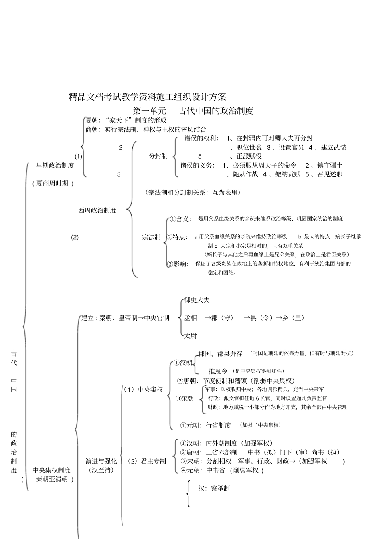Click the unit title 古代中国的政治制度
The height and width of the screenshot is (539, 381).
216,111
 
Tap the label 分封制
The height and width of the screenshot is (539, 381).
158,156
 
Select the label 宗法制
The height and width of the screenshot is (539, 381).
151,237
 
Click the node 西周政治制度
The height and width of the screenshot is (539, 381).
97,210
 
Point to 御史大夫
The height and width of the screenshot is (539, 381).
197,300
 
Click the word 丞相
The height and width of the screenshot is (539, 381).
190,318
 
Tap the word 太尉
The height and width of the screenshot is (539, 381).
190,336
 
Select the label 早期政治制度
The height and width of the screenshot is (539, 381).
55,165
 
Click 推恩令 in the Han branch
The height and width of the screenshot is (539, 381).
218,371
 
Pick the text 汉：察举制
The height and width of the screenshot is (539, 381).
214,489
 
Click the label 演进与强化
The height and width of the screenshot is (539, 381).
101,461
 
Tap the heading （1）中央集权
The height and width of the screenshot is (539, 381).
143,390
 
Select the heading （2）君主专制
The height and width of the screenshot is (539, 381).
147,461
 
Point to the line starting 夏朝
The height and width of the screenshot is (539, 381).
126,120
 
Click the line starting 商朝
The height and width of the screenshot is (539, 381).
146,129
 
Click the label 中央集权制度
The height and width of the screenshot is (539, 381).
51,470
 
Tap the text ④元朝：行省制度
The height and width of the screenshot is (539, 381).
206,425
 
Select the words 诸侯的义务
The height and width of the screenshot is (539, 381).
197,165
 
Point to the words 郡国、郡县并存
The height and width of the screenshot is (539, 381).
220,354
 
